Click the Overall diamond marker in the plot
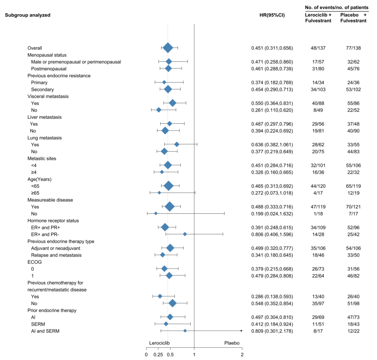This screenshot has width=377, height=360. click(168, 48)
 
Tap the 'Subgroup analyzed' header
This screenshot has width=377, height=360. click(27, 15)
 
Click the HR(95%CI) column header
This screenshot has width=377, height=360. click(272, 15)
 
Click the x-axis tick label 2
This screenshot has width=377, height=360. click(242, 354)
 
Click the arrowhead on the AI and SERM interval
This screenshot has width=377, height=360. click(241, 330)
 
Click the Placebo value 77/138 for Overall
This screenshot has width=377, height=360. click(354, 48)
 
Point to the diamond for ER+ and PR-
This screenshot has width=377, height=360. click(185, 234)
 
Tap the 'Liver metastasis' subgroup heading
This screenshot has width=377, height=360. click(47, 116)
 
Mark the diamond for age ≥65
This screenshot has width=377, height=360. click(159, 192)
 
